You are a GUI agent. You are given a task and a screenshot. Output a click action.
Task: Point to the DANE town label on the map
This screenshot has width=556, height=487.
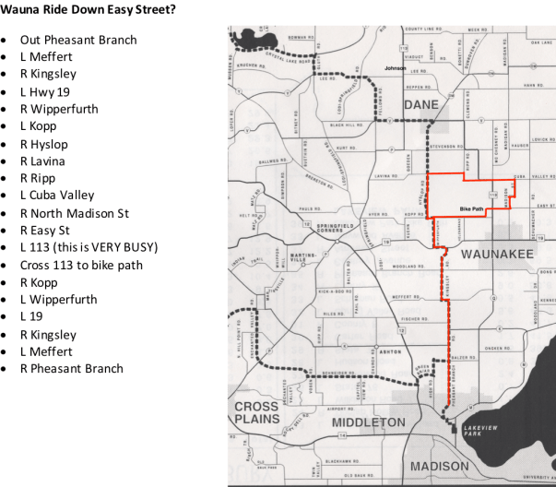click(420, 104)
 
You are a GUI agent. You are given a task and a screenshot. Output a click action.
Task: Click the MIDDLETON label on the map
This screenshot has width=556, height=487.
click(368, 422)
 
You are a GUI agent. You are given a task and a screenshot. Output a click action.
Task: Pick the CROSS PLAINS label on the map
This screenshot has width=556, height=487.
click(256, 412)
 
